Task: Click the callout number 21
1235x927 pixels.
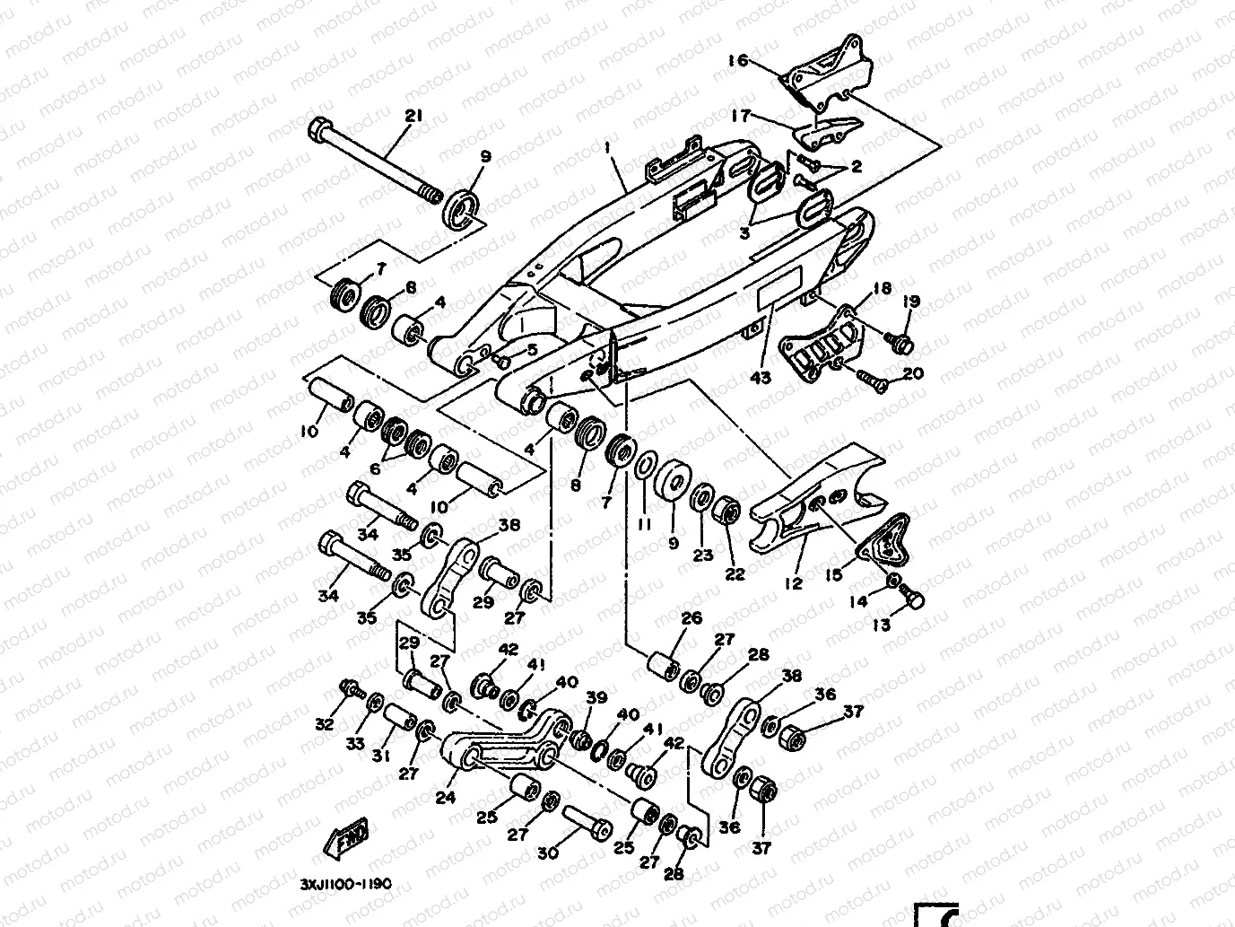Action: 413,115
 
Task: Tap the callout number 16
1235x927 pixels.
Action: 737,61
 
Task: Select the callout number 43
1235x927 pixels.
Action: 761,378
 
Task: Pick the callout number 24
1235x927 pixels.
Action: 446,796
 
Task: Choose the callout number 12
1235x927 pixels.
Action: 793,583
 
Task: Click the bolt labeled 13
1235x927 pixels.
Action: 913,597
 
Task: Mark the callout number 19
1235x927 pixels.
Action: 912,302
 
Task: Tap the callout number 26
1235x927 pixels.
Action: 691,618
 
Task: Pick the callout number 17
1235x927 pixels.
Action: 741,115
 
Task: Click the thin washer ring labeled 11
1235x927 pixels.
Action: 644,468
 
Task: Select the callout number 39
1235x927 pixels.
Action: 596,698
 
